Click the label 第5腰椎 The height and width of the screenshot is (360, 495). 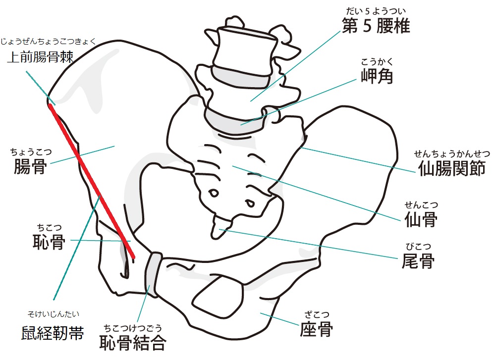[376, 26]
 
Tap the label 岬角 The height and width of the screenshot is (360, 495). [377, 76]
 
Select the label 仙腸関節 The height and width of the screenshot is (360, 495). [452, 168]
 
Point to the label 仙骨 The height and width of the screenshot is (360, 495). [421, 219]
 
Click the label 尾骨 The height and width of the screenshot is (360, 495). [418, 260]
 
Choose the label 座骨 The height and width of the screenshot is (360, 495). [316, 329]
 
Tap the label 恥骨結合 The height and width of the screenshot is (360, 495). [133, 343]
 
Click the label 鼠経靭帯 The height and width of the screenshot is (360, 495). [53, 333]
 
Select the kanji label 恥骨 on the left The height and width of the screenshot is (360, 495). [49, 242]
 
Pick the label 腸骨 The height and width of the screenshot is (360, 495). [30, 166]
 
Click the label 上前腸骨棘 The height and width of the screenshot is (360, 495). [40, 57]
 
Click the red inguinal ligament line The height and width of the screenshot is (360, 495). [92, 182]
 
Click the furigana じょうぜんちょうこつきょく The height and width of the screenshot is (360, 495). [48, 41]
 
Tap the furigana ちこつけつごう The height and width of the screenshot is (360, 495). [133, 328]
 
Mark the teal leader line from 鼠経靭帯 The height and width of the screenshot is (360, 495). [77, 248]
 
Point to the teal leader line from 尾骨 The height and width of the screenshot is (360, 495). [308, 244]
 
